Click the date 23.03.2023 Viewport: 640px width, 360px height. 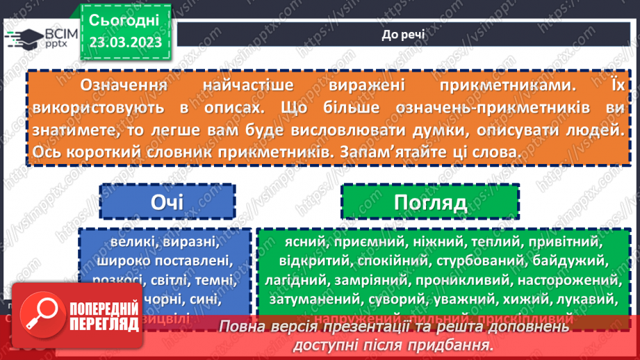click(125, 42)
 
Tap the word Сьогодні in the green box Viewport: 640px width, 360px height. click(125, 19)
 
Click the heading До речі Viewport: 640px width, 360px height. click(404, 34)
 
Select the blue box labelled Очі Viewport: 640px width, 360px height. click(167, 202)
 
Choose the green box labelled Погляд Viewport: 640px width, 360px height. click(429, 202)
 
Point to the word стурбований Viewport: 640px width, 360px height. click(482, 262)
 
